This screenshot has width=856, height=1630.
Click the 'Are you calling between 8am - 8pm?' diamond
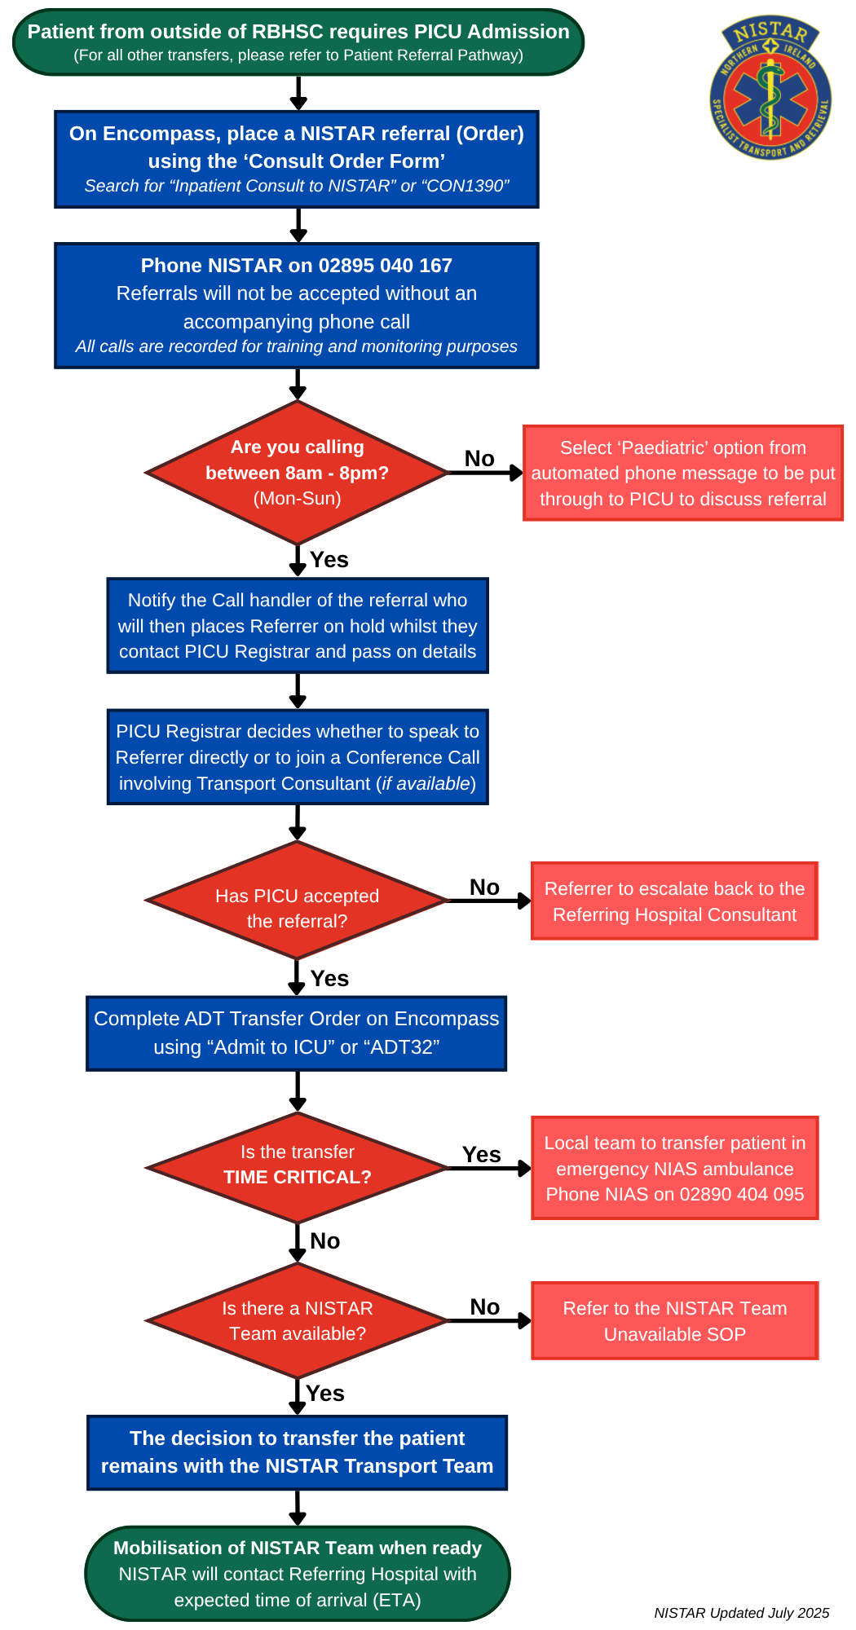click(x=298, y=473)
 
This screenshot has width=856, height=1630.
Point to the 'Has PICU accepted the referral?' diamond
click(x=298, y=901)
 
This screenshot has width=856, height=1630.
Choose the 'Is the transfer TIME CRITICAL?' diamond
click(x=298, y=1168)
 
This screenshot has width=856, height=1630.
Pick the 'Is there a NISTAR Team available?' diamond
click(x=298, y=1321)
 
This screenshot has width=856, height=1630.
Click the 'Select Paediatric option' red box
click(x=682, y=473)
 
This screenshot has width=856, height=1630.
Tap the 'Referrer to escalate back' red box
click(x=674, y=901)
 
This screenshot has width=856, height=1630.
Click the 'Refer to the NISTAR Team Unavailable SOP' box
click(x=674, y=1321)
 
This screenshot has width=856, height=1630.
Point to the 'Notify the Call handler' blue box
click(x=298, y=626)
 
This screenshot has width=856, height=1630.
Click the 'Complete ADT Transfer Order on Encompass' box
click(x=297, y=1033)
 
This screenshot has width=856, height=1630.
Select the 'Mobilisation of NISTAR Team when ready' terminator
click(x=298, y=1574)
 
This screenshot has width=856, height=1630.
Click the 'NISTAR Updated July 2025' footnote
click(x=741, y=1613)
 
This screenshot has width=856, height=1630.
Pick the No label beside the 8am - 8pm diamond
click(x=479, y=459)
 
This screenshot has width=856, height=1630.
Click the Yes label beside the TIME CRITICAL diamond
click(x=481, y=1155)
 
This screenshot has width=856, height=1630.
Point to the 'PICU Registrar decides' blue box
click(x=298, y=757)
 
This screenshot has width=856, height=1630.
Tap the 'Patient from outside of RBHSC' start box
click(x=298, y=42)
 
